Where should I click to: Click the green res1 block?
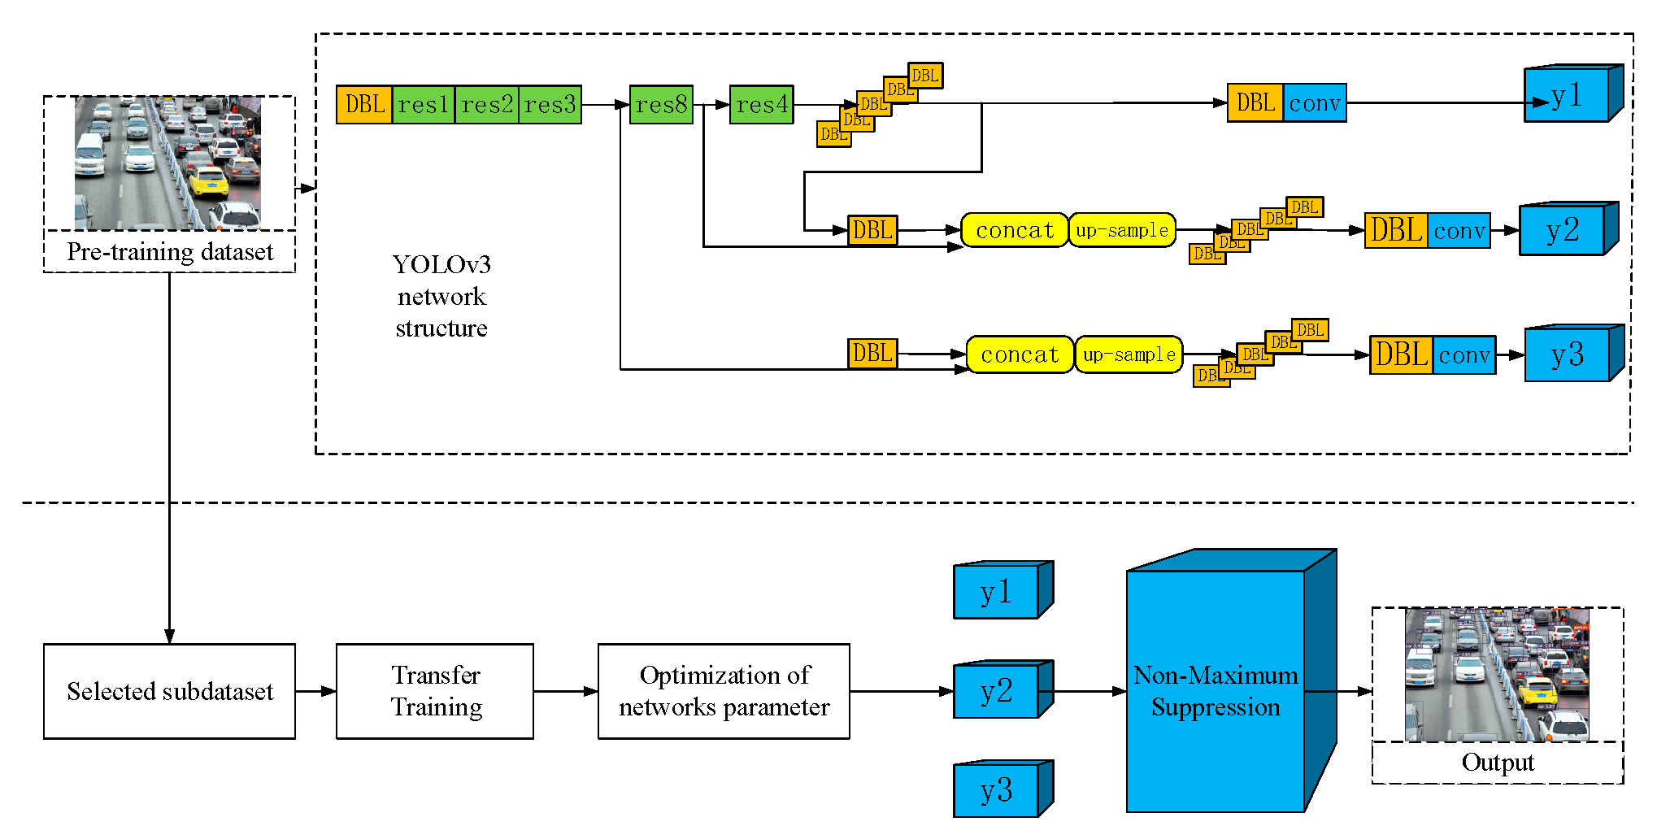coord(423,105)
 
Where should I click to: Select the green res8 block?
coord(661,105)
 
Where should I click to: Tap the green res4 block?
coord(761,105)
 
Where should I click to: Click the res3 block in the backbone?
coord(550,105)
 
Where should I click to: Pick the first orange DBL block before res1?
coord(364,105)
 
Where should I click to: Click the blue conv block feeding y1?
coord(1315,103)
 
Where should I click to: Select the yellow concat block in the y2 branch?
coord(1014,230)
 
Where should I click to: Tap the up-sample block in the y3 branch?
coord(1129,355)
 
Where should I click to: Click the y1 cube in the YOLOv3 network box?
coord(1567,97)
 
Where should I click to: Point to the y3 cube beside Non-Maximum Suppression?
coord(997,790)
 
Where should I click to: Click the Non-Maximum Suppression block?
coord(1216,691)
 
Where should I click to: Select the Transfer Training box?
coord(435,691)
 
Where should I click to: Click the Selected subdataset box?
coord(169,691)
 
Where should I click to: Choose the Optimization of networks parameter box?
coord(724,691)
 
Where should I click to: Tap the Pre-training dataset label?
coord(169,252)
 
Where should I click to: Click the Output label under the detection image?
coord(1497,763)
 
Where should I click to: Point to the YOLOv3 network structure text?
coord(441,296)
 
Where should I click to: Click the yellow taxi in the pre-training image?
coord(208,182)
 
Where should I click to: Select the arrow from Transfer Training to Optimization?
coord(566,691)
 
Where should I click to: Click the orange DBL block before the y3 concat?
coord(872,354)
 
